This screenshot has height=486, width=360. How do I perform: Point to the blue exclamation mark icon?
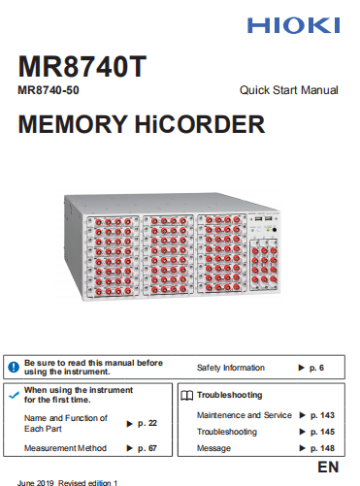tap(14, 366)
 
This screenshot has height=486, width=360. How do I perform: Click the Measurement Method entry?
tap(65, 448)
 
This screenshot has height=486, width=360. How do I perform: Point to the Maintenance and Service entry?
tap(244, 415)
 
